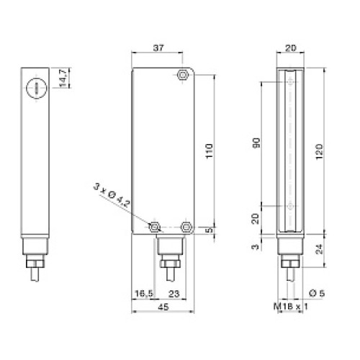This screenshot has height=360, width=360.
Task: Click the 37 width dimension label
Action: click(x=159, y=50)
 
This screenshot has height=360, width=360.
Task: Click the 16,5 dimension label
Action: click(x=145, y=293)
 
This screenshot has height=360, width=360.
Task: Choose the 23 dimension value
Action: click(x=174, y=293)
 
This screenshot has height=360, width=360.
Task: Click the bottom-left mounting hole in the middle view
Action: click(x=154, y=228)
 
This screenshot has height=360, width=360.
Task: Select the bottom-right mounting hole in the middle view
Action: click(x=186, y=228)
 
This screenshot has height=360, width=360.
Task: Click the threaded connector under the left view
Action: click(x=32, y=255)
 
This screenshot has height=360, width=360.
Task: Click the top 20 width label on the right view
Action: click(x=290, y=50)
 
